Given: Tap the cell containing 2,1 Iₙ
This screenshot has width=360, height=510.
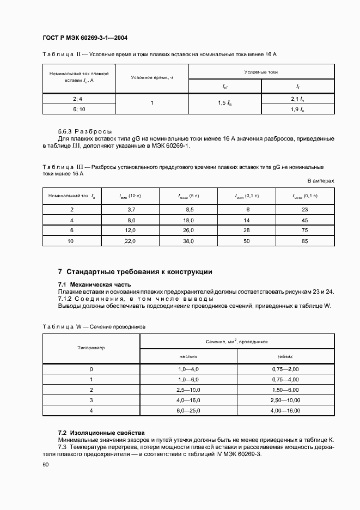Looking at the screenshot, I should [297, 99].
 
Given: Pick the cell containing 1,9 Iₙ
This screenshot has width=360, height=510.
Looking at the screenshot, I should [297, 110].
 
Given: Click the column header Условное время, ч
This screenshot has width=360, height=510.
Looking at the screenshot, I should [152, 77].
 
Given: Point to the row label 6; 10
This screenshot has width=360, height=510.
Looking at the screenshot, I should [79, 110].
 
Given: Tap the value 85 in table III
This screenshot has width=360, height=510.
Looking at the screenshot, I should [304, 241].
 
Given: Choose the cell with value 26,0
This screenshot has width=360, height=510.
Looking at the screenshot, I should [188, 230].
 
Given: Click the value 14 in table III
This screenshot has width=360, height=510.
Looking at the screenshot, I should [246, 220].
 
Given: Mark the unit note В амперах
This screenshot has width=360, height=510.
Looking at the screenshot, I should [320, 180].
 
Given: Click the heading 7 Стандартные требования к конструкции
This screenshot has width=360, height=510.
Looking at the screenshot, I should [135, 271].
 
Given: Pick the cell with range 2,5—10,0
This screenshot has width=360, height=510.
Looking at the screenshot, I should [188, 390].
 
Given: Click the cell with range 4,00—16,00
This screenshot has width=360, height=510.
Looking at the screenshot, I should [285, 410].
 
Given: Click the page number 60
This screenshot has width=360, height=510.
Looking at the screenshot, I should [45, 464].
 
